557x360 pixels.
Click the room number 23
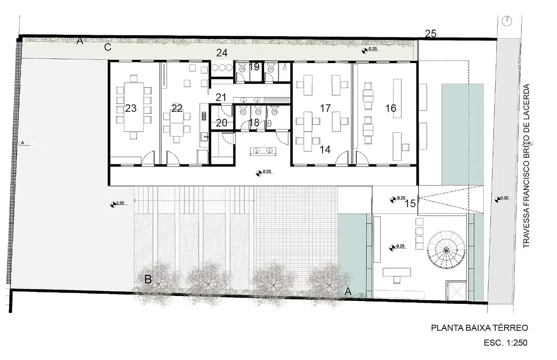click(131, 108)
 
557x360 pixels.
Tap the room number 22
click(177, 108)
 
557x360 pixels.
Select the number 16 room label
click(391, 108)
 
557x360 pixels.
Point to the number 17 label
click(325, 108)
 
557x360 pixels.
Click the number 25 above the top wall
click(431, 34)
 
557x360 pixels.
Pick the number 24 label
click(222, 53)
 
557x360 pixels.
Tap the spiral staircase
click(446, 250)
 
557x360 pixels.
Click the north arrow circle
click(507, 21)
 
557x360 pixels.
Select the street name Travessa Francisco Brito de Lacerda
click(526, 166)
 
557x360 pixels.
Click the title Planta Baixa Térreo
click(479, 328)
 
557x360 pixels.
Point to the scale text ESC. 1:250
click(505, 343)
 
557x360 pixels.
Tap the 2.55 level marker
click(117, 204)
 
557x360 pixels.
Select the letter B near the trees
click(148, 279)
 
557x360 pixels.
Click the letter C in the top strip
click(108, 47)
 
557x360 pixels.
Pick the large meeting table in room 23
click(134, 107)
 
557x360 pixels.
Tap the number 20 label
click(221, 123)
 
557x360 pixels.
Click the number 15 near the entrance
click(410, 204)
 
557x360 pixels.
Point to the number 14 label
click(325, 149)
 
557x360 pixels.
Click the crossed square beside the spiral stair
click(456, 291)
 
